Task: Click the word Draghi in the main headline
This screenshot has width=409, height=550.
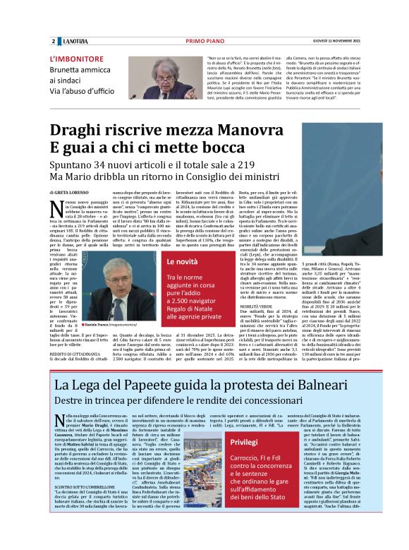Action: click(81, 131)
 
